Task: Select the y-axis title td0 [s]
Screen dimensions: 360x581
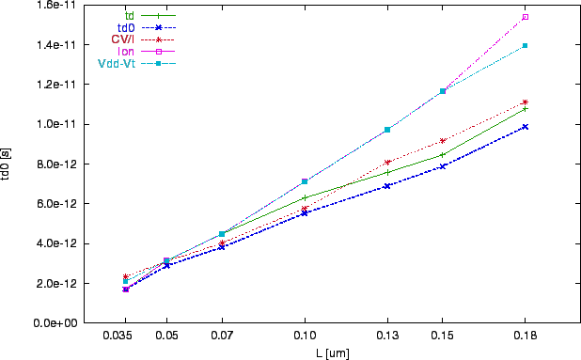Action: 8,164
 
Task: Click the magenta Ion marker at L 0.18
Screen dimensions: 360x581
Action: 525,17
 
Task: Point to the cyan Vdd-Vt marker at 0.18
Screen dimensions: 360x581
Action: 525,45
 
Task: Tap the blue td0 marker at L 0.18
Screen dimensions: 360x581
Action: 525,126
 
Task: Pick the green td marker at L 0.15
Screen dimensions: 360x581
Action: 443,154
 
